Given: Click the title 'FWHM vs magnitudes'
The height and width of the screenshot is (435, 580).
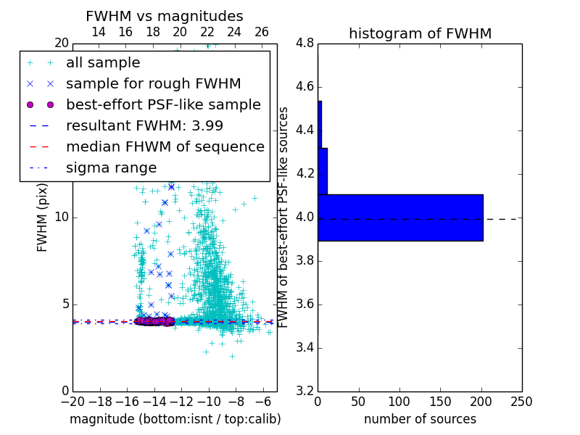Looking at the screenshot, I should click(164, 16).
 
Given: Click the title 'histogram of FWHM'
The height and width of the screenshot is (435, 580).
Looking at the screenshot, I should click(420, 33).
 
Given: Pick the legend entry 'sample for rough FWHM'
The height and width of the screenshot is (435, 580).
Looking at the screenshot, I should click(153, 84).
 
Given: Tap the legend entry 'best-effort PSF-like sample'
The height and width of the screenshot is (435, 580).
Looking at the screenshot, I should click(163, 104).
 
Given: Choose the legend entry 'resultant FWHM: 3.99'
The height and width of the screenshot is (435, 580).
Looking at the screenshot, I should click(144, 125).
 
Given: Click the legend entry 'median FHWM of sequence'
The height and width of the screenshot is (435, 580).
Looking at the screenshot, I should click(165, 146).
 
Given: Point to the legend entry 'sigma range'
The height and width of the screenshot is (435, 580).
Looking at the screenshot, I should click(111, 167).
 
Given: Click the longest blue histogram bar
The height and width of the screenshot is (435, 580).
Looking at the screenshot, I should click(400, 217).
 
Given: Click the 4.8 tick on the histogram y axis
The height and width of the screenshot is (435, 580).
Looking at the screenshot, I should click(304, 43).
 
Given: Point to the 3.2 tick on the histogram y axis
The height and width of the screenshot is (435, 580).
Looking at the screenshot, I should click(304, 391).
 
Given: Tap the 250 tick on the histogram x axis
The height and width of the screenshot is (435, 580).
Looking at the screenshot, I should click(521, 402).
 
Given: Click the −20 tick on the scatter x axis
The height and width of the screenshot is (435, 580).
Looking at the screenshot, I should click(72, 402).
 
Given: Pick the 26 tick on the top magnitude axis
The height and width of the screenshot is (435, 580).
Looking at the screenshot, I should click(262, 32).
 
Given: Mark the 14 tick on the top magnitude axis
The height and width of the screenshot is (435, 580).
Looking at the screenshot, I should click(99, 32).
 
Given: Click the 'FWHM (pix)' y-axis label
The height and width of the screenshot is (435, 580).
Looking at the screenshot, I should click(43, 217).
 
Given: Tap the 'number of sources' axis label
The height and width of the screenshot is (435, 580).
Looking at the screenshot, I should click(420, 419).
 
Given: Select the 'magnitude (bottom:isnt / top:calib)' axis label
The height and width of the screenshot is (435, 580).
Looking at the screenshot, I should click(175, 419).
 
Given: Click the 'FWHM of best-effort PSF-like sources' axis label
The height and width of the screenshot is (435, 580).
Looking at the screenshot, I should click(283, 217).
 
